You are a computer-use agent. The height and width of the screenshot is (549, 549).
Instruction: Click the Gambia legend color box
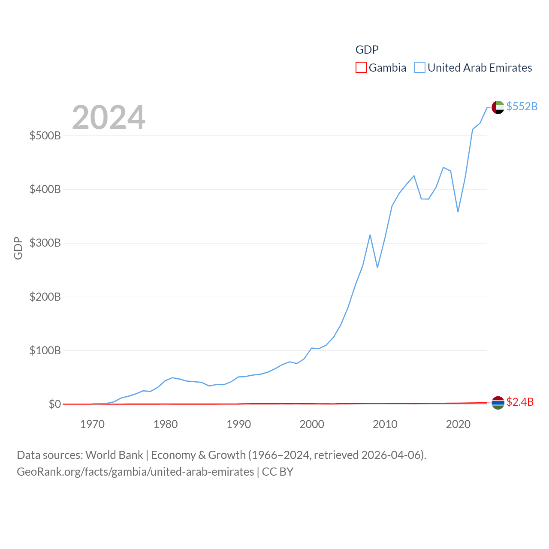[361, 68]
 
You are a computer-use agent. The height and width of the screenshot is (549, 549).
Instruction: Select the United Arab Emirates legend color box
[420, 68]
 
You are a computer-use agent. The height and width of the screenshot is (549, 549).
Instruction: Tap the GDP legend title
[367, 50]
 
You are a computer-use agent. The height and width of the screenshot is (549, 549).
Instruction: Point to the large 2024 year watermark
[109, 118]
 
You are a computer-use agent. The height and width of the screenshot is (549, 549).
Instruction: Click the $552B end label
[522, 106]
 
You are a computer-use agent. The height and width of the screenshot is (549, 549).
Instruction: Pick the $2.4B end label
[520, 402]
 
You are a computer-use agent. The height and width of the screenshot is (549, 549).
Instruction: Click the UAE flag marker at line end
[498, 107]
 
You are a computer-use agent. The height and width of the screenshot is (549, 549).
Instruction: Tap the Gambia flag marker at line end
[498, 403]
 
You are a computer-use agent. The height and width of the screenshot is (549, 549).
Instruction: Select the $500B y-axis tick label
[45, 136]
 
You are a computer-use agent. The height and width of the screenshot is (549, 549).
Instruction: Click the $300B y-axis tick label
[45, 243]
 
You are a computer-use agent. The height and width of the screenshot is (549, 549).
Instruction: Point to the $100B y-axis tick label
[45, 351]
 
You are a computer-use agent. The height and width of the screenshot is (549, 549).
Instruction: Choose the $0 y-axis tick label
[55, 404]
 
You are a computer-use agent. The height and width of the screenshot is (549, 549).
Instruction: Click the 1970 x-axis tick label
[92, 425]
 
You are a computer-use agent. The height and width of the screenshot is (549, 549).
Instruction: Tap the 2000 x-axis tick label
[312, 425]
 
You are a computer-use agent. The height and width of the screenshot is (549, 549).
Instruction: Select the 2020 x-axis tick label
[458, 425]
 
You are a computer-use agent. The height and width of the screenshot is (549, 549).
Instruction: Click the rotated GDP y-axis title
[18, 248]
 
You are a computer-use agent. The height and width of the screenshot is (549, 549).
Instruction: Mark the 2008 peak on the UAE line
[370, 235]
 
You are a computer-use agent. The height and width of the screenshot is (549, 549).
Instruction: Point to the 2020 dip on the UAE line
[458, 211]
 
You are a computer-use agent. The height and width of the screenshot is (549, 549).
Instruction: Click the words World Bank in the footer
[115, 455]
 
